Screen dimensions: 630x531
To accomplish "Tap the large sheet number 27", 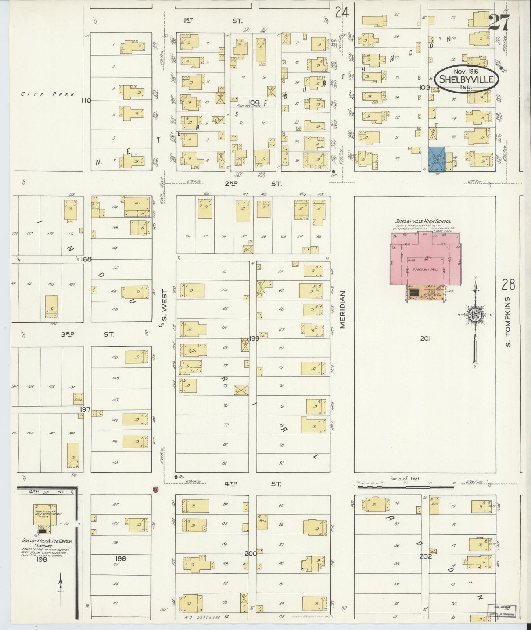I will tap(499, 24).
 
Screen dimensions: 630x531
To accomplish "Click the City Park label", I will tap(48, 94).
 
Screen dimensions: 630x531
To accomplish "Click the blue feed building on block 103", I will tap(437, 158).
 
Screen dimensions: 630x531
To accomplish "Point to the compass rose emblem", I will tap(473, 314).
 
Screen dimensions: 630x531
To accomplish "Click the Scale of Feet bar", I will tap(404, 487).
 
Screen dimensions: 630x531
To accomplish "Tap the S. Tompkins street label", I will tap(508, 322).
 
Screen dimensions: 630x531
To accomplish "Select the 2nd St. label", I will tap(253, 183).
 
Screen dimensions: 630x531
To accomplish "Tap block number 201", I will tap(425, 339).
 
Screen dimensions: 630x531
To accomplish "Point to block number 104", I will tap(254, 102).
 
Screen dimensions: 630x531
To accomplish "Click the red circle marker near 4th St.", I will tap(156, 489).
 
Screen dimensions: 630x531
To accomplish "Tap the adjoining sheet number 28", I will tap(509, 284).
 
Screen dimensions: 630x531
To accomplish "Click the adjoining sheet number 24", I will tap(342, 13).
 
